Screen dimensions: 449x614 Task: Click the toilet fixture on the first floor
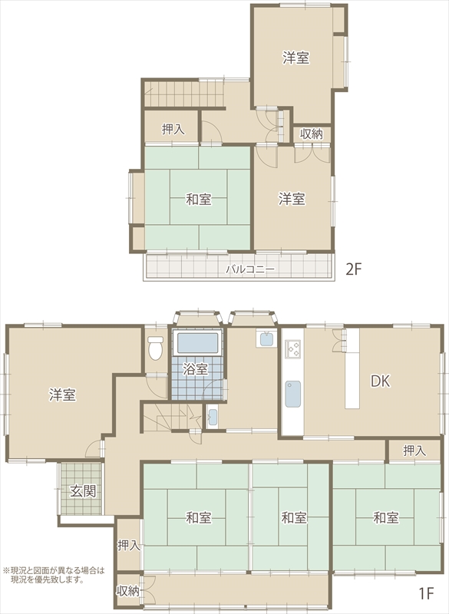tap(155, 348)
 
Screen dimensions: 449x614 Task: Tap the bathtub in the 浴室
tap(198, 342)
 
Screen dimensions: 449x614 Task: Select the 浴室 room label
tap(196, 369)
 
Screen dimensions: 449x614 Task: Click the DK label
tap(381, 381)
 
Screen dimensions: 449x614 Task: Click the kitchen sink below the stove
tap(293, 394)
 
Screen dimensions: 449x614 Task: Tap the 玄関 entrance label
tap(83, 491)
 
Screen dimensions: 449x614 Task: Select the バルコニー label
tap(250, 269)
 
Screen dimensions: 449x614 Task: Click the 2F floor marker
tap(353, 269)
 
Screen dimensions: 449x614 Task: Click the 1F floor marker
tap(426, 594)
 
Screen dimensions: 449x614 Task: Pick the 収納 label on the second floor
tap(312, 134)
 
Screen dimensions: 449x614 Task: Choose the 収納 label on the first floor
tap(128, 591)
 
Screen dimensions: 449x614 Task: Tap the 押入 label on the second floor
tap(173, 129)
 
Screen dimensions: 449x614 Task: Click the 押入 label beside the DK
tap(414, 451)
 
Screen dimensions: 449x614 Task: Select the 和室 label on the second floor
tap(199, 200)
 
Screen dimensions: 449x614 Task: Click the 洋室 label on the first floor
tap(63, 394)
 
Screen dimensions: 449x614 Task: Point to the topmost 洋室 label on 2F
tap(296, 58)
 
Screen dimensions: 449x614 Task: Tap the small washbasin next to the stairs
tap(213, 418)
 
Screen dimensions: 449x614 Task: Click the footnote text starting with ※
tap(54, 575)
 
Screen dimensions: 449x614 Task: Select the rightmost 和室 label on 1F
tap(386, 517)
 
